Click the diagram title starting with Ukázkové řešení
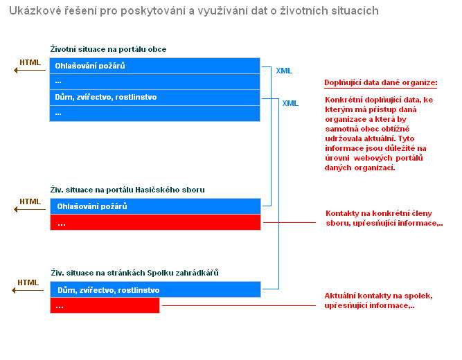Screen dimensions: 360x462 click(193, 12)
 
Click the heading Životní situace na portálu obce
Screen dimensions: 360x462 click(108, 49)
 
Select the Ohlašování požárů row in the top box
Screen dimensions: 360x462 click(154, 66)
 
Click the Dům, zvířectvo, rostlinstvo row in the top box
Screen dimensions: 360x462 click(154, 97)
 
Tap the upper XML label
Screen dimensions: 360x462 click(284, 71)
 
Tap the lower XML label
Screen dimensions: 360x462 click(291, 103)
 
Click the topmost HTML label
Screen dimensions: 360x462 click(30, 62)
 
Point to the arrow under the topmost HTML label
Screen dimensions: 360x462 click(29, 70)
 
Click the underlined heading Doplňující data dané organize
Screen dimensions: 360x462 click(381, 83)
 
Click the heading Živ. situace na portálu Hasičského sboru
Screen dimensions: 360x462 click(127, 189)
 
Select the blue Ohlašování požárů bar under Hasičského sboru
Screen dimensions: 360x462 click(154, 206)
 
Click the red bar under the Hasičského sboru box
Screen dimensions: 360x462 click(154, 222)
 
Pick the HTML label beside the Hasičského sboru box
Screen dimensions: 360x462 click(30, 201)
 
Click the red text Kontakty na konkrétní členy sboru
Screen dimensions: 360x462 click(384, 218)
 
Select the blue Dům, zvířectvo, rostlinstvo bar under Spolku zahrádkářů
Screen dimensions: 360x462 click(154, 289)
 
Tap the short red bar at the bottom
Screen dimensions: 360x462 click(104, 305)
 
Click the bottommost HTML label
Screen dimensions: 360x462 click(28, 282)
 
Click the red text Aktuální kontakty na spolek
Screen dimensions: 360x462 click(378, 300)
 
